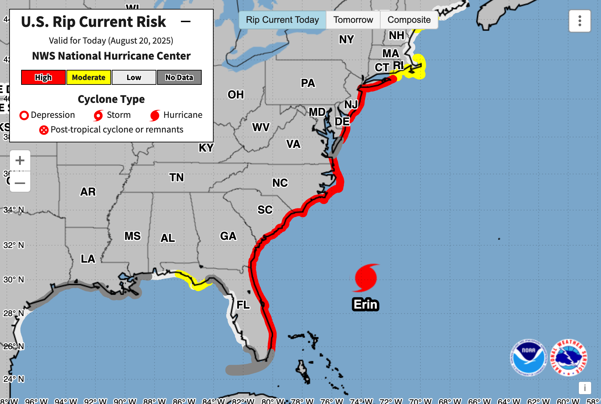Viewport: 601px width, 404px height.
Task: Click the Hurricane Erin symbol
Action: (x=366, y=278)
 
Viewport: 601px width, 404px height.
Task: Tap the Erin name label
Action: (x=366, y=304)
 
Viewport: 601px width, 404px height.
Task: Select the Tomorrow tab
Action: (x=353, y=20)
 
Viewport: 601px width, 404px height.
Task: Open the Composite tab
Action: (x=409, y=20)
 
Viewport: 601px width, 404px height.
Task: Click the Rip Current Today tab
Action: (x=282, y=20)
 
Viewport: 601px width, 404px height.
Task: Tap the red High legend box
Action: (x=43, y=77)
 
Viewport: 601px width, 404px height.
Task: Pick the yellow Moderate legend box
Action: (x=89, y=77)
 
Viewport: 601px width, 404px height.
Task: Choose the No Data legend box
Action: (x=179, y=77)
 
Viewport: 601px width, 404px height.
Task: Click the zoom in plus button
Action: (x=20, y=160)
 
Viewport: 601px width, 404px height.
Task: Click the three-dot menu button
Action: (x=580, y=21)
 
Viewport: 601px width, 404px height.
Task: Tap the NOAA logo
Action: (x=528, y=357)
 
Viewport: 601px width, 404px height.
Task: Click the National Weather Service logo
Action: (x=568, y=357)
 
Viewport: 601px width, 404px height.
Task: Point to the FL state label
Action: (x=243, y=305)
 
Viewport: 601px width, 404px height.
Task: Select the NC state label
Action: (x=280, y=183)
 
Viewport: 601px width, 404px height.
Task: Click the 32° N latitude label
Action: (x=14, y=245)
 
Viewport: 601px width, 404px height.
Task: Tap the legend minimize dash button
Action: (x=186, y=21)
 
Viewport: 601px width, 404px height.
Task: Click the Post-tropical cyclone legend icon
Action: (x=44, y=130)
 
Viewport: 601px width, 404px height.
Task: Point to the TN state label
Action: (x=176, y=177)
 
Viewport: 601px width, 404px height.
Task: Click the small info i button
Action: (x=585, y=388)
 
